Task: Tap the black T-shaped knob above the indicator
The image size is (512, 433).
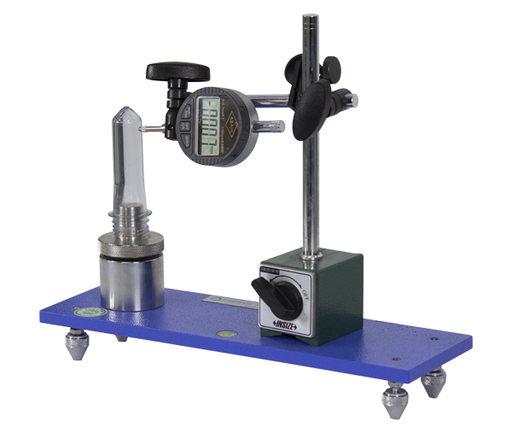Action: (177, 72)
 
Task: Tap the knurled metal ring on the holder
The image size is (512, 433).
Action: (131, 247)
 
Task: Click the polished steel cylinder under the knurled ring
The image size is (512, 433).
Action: (131, 282)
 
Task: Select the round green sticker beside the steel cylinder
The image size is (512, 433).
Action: (90, 312)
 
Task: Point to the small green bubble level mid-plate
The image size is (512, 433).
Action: (225, 333)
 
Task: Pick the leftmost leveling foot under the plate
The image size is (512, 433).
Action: (77, 344)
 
